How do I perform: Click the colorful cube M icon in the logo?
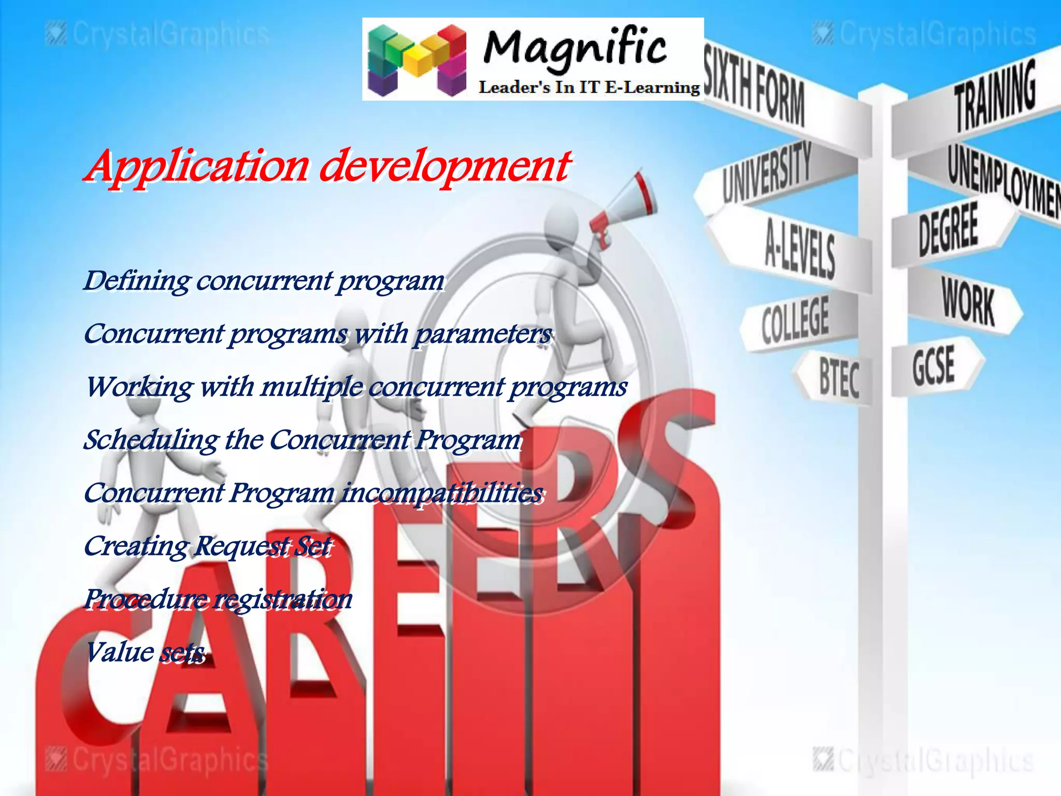[x=417, y=60]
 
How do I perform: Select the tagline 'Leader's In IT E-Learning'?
[x=589, y=87]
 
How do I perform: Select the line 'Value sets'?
[x=145, y=652]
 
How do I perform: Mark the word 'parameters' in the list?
[x=483, y=334]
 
